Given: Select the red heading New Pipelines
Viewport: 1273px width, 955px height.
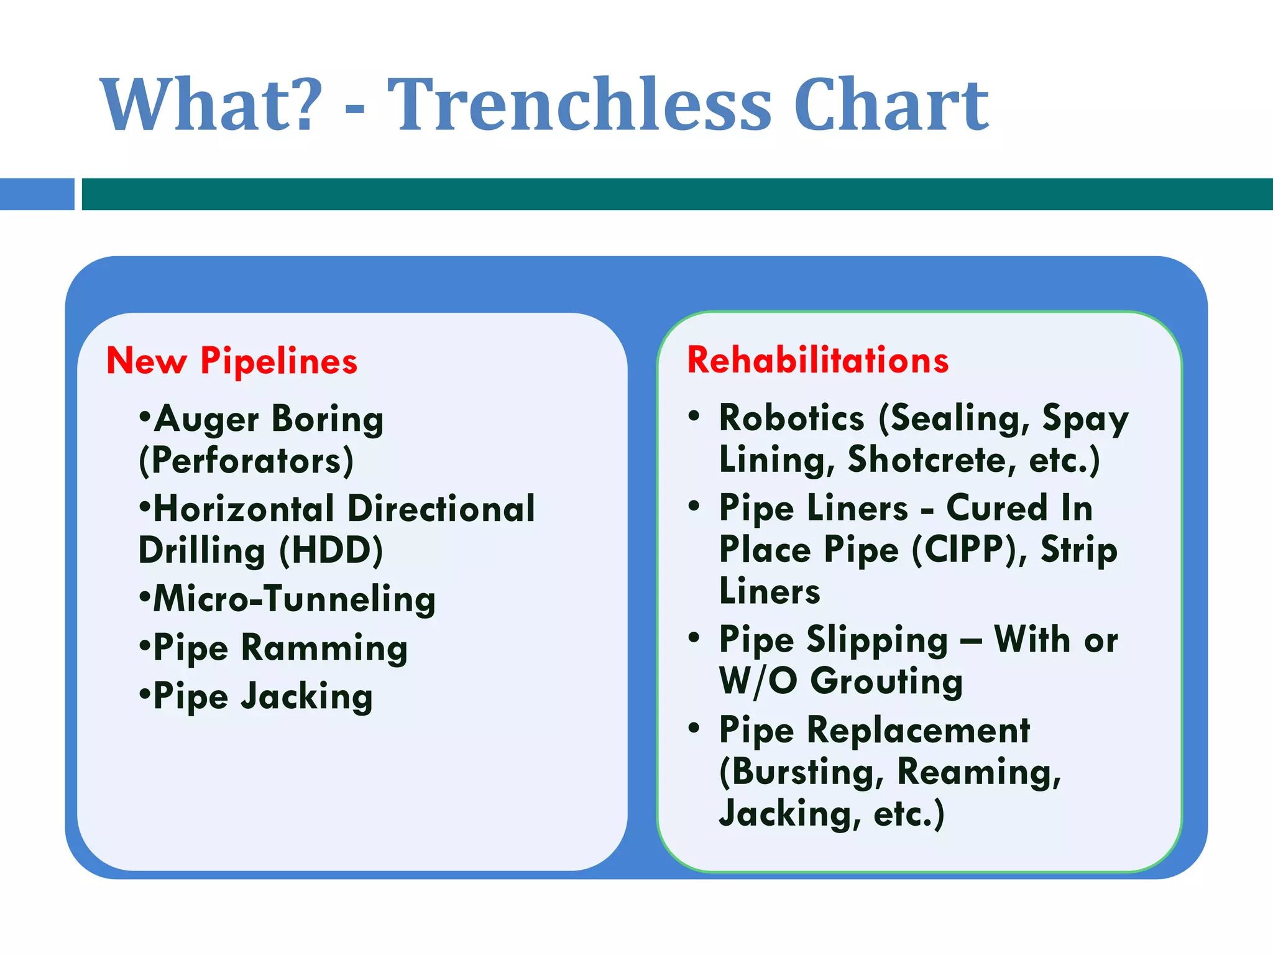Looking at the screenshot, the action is pos(232,361).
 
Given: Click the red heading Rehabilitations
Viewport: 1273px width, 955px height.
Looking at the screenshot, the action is pos(817,360).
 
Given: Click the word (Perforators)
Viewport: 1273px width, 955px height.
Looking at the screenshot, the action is pos(246,461).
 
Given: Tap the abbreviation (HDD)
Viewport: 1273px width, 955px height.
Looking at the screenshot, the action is pos(331,551).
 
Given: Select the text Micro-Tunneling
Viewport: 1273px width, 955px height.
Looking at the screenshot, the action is pos(294,599).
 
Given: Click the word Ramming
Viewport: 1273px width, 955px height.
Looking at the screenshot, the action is pos(324,648).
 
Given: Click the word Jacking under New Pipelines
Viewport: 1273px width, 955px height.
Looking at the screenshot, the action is pos(306,696).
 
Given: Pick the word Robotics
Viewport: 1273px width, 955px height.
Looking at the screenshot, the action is pos(791,418).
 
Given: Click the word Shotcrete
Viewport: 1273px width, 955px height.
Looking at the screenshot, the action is pos(931,460).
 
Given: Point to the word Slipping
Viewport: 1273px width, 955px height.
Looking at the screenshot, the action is pos(877,640).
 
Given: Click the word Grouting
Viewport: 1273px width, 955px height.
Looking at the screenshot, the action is pos(886,681).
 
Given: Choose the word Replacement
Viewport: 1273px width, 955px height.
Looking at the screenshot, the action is pos(917,730).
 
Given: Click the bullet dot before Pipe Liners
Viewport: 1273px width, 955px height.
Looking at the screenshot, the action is pos(694,506).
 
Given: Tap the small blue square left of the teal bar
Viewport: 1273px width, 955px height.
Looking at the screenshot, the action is pos(37,194).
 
